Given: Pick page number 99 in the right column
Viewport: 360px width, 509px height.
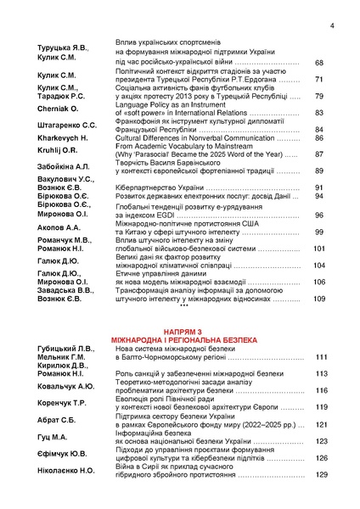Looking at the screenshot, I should point(318,232).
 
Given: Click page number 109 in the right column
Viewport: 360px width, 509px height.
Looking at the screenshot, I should point(318,299).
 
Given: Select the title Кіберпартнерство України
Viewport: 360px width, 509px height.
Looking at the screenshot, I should point(164,187).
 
